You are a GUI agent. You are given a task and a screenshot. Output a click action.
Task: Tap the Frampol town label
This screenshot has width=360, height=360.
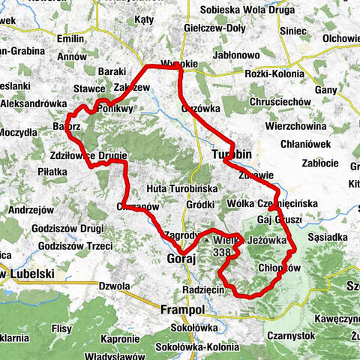pyautogui.click(x=182, y=308)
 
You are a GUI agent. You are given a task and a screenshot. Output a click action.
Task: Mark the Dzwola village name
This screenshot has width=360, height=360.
pyautogui.click(x=115, y=285)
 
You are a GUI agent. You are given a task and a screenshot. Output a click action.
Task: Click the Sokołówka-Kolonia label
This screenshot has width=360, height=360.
pyautogui.click(x=197, y=347)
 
